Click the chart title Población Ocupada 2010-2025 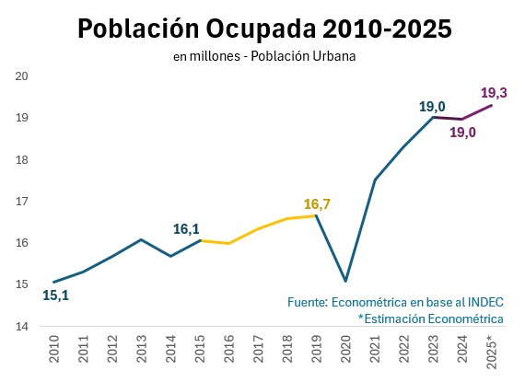264,29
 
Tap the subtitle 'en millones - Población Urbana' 264,56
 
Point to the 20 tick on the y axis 24,76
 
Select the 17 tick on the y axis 24,202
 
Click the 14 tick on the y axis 24,326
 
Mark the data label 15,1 56,296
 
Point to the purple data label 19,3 496,93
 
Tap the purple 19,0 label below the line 462,133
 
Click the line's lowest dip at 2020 345,281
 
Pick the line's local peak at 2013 141,239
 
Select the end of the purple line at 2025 491,105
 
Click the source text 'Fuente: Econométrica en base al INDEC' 396,302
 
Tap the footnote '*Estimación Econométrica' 431,318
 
